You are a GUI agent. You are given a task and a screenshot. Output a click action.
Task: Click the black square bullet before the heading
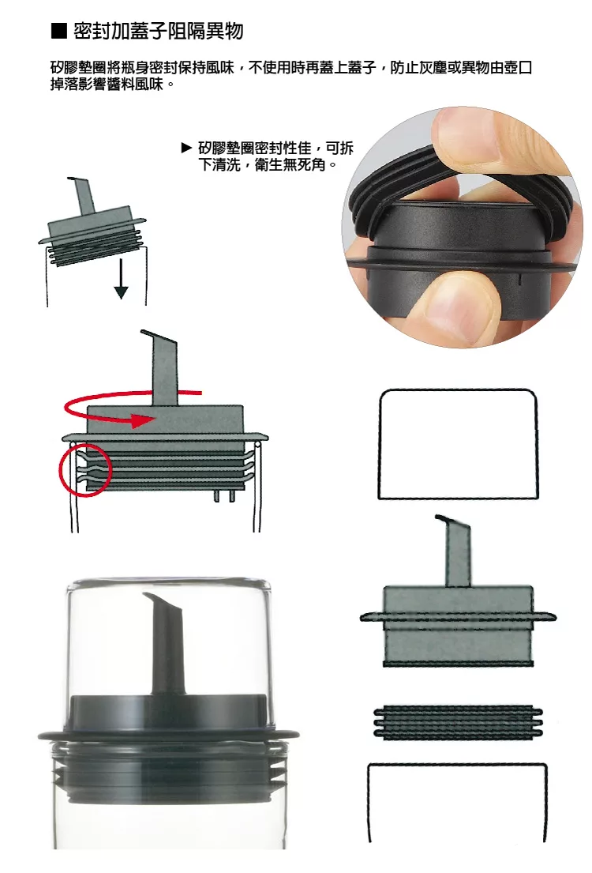coord(59,31)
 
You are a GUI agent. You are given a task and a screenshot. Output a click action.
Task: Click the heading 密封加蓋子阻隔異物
coord(159,31)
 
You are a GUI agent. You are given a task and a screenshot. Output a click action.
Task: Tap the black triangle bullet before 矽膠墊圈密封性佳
coord(187,148)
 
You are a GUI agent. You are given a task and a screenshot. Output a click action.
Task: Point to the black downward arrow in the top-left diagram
coord(121,278)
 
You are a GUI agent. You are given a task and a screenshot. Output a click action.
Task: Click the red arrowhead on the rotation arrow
coord(143,420)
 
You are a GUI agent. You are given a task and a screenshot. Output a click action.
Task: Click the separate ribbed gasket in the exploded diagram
coord(458,722)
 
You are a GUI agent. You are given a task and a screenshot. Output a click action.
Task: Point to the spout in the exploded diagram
coord(457,551)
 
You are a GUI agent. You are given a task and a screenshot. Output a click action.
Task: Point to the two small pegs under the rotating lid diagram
coord(223,495)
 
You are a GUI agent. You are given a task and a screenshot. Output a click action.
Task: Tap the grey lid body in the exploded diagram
coord(458,626)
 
